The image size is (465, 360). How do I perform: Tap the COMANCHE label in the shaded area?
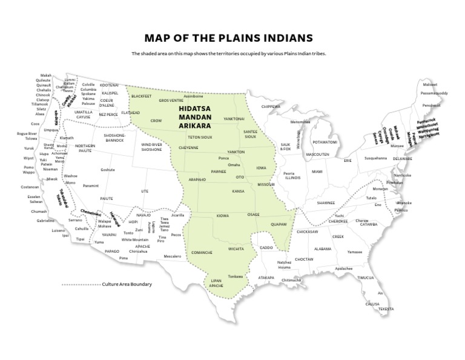[x=201, y=252]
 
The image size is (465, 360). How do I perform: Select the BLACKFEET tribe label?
[x=141, y=96]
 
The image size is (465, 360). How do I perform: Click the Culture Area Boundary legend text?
[x=127, y=284]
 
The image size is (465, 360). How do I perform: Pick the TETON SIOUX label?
[x=199, y=138]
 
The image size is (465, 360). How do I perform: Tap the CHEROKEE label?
[x=338, y=221]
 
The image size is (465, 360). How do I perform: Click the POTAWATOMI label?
[x=325, y=142]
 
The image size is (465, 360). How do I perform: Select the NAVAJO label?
[x=143, y=215]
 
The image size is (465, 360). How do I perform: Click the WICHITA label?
[x=236, y=248]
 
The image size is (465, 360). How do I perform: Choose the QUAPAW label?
[x=279, y=224]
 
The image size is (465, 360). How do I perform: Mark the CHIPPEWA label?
[x=271, y=106]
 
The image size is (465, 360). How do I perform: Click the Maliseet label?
[x=430, y=85]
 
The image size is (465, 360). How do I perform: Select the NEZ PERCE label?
[x=108, y=114]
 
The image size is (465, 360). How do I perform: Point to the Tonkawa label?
[x=236, y=276]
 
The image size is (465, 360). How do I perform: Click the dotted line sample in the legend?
[x=81, y=284]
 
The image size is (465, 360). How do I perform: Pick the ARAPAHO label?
[x=197, y=180]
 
